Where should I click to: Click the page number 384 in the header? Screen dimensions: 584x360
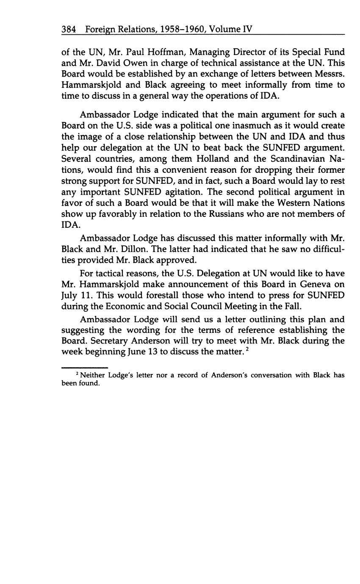[68, 29]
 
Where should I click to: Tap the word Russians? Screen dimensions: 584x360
[229, 213]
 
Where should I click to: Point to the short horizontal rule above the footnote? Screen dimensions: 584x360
[85, 367]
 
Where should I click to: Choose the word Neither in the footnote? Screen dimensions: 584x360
[93, 375]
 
